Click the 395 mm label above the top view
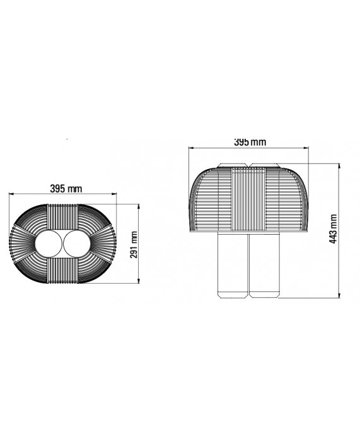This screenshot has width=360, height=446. pos(66,188)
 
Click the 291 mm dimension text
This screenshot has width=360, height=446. pos(134,245)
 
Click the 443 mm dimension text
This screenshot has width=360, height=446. pos(333,229)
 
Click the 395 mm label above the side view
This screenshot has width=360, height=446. pos(250,142)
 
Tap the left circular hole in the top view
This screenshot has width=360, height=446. pos(49,244)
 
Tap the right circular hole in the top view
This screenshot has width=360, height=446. pos(77,244)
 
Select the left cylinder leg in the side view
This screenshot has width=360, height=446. pos(233,265)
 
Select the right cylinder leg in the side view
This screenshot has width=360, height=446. pos(264,265)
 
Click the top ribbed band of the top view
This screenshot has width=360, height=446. pos(62,217)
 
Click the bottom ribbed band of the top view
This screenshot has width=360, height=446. pos(62,271)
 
